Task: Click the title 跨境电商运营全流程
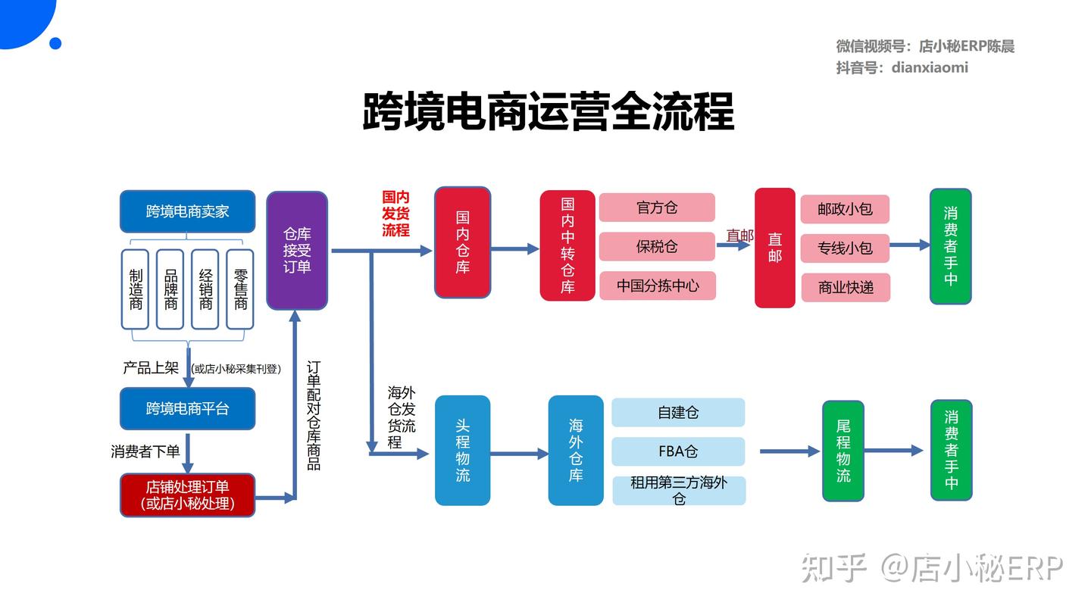[x=548, y=113]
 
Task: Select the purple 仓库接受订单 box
[x=297, y=250]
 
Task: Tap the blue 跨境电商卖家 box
[x=187, y=211]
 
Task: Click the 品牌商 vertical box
[x=170, y=289]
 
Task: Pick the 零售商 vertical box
[x=240, y=289]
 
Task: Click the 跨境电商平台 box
[x=187, y=409]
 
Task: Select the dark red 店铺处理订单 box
[x=187, y=495]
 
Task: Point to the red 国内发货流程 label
[x=395, y=214]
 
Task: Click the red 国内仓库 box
[x=462, y=242]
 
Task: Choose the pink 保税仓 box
[x=657, y=246]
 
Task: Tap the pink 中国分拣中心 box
[x=657, y=286]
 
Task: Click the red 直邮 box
[x=774, y=248]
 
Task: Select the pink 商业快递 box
[x=846, y=287]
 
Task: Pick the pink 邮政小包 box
[x=845, y=209]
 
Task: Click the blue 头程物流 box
[x=462, y=451]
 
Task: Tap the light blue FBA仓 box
[x=678, y=451]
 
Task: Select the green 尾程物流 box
[x=843, y=451]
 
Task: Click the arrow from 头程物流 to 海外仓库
[x=519, y=454]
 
